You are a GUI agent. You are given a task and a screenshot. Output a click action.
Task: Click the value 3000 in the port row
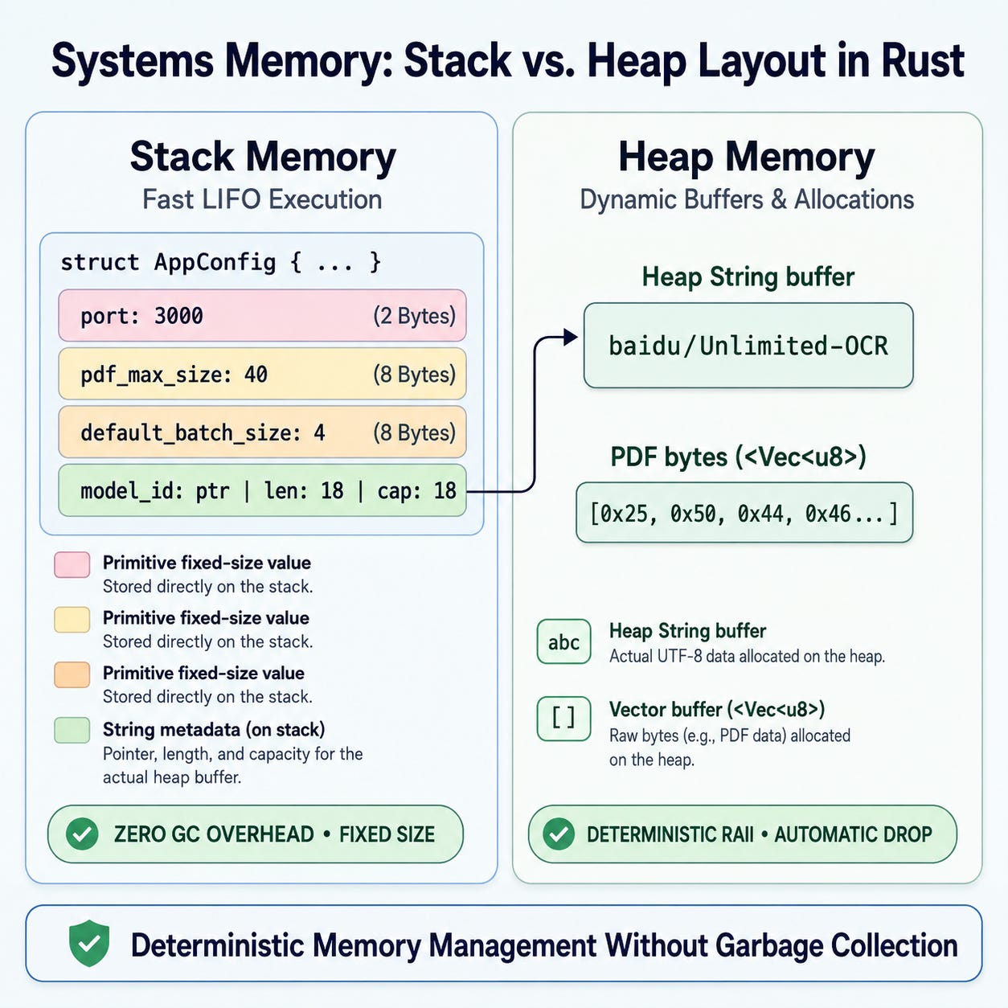tap(178, 316)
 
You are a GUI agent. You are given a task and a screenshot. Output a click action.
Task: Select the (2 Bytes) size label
tap(414, 316)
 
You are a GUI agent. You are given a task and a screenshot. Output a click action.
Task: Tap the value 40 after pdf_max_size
tap(256, 375)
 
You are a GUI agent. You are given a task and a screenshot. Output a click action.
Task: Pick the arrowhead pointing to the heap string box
tap(571, 338)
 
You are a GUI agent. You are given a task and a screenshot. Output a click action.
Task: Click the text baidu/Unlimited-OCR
tap(748, 346)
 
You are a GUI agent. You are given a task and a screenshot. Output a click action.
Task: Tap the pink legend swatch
tap(72, 565)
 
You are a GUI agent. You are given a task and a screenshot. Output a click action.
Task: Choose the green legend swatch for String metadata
tap(72, 730)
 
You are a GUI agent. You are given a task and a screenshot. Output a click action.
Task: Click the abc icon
tap(564, 641)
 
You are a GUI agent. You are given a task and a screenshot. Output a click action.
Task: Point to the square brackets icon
tap(564, 719)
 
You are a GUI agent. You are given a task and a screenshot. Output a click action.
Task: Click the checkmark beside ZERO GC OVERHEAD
tap(82, 834)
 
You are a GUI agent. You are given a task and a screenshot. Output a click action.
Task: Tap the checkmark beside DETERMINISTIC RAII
tap(559, 834)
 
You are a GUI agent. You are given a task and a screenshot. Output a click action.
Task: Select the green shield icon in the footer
tap(89, 943)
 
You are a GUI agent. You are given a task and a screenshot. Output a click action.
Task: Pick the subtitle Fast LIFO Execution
tap(262, 200)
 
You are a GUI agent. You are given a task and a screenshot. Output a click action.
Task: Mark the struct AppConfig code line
tap(221, 262)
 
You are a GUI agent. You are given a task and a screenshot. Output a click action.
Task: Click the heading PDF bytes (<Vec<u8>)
tap(738, 457)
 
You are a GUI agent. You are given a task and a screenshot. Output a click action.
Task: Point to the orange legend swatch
tap(72, 674)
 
